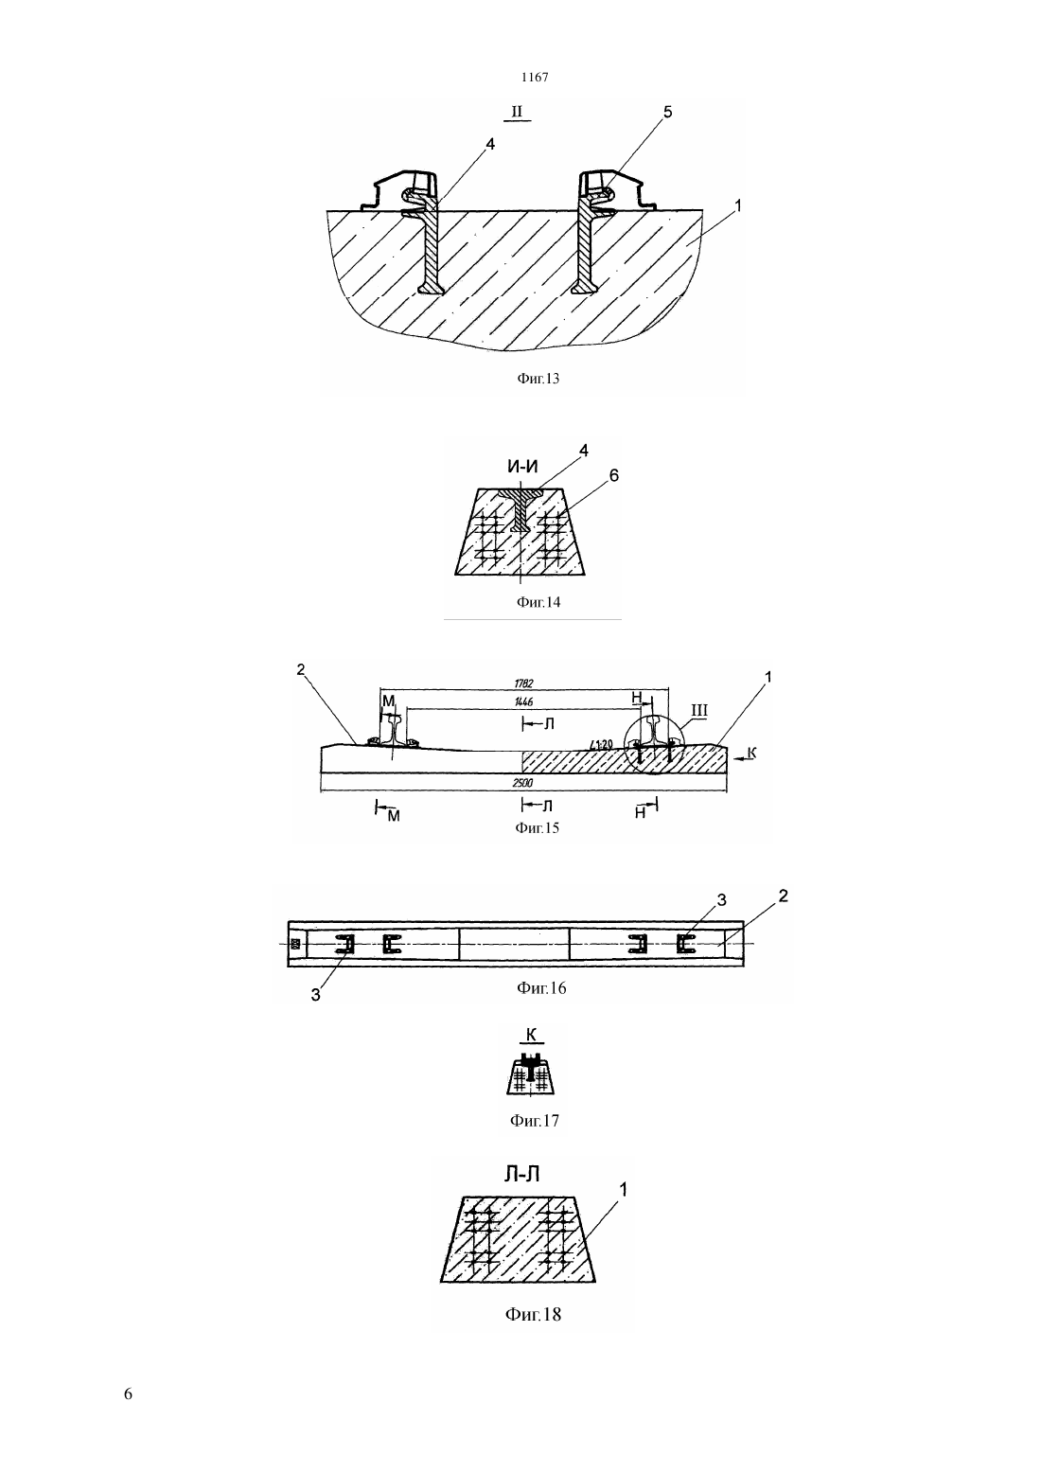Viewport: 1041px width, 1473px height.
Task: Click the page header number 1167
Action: click(535, 77)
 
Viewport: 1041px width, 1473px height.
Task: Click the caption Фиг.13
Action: click(538, 378)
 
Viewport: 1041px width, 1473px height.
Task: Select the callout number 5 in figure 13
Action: click(668, 112)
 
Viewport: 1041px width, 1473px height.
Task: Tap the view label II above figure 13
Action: click(518, 112)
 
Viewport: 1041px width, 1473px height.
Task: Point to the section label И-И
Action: click(522, 467)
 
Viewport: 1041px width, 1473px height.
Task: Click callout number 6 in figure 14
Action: click(614, 475)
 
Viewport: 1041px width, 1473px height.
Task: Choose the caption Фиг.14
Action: click(538, 602)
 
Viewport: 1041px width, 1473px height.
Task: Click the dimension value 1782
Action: click(523, 683)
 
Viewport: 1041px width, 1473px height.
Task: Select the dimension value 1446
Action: click(523, 702)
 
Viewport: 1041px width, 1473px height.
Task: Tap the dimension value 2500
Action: click(523, 783)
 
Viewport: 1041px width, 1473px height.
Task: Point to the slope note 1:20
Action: click(603, 744)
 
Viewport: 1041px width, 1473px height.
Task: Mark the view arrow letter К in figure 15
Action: click(751, 753)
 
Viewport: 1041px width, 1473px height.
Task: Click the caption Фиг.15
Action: click(537, 827)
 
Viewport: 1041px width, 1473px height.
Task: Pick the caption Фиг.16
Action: click(541, 987)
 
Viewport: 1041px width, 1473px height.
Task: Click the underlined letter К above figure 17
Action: click(532, 1035)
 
